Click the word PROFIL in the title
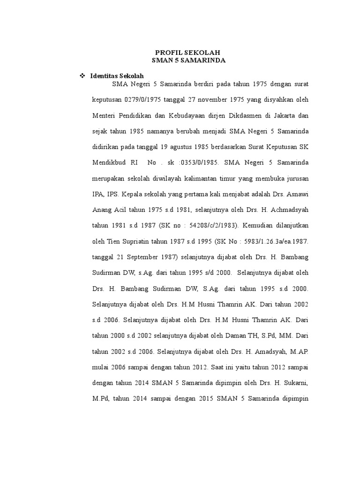[165, 52]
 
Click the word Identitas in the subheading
[104, 75]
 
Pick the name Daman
[213, 336]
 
